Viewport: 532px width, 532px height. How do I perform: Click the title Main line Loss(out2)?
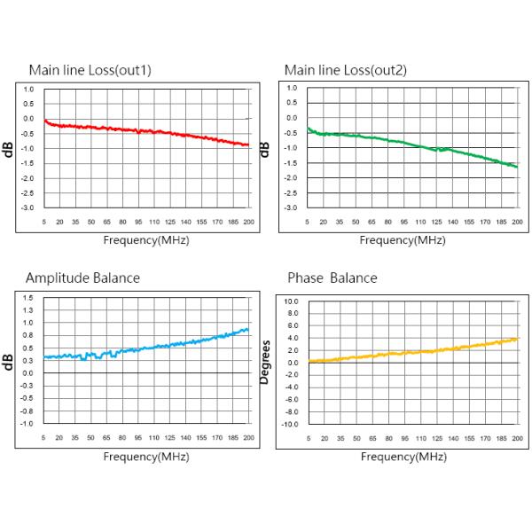click(345, 70)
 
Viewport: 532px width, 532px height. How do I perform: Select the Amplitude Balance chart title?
click(82, 278)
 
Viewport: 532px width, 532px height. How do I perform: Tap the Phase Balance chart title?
click(332, 278)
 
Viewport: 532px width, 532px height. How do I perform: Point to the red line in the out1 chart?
click(142, 131)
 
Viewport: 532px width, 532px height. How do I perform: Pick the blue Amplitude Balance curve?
click(142, 348)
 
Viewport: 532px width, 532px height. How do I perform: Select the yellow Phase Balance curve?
click(408, 352)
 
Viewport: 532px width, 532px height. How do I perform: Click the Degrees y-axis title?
click(264, 363)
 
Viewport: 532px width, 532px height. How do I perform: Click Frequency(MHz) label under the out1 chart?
click(146, 239)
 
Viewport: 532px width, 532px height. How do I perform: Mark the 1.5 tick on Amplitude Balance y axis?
click(29, 298)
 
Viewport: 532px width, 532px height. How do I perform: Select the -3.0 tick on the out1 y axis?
click(28, 207)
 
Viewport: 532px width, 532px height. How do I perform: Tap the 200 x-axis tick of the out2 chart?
click(515, 223)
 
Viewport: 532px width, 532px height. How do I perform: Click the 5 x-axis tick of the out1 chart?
click(43, 223)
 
